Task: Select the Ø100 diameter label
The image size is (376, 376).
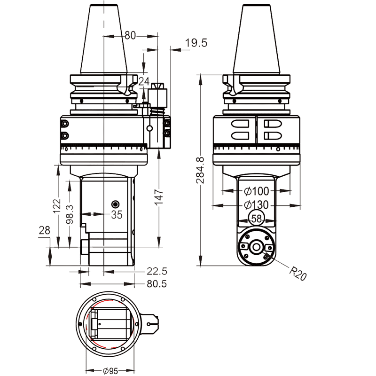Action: pos(256,191)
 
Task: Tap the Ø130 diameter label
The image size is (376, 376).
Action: pos(256,205)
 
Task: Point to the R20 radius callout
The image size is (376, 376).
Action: pos(298,273)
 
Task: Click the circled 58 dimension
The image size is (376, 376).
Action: pos(256,219)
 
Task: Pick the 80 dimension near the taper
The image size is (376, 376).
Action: pos(130,35)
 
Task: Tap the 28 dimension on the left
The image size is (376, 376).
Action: pos(44,230)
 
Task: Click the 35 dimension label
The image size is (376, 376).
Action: pos(116,214)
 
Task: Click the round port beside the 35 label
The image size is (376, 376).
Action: pos(116,204)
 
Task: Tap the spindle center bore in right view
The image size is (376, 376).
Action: pos(256,246)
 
